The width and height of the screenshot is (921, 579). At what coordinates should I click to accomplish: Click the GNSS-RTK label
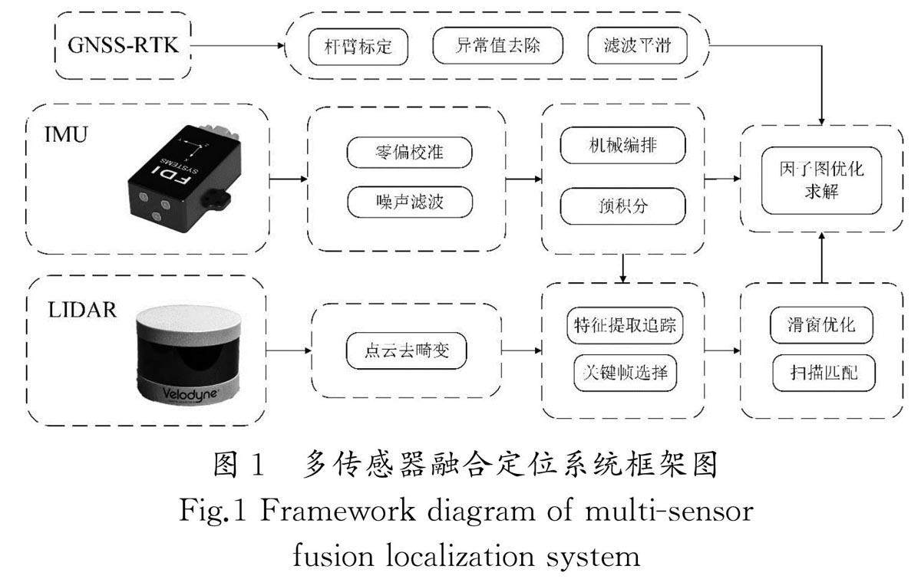coord(123,45)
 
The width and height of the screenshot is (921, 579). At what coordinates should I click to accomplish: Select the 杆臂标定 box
coord(358,47)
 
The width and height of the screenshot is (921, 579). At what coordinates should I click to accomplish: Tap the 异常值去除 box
coord(497,45)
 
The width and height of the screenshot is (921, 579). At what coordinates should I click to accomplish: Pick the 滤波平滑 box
coord(637,45)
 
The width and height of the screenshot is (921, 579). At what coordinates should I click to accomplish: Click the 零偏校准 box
coord(410,153)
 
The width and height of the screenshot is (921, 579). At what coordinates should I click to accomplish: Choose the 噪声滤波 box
coord(410,202)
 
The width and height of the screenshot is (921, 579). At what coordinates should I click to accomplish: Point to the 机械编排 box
coord(623,145)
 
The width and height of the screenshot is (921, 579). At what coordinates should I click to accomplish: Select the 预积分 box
coord(623,206)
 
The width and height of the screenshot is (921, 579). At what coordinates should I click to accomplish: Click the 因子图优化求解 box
coord(821,180)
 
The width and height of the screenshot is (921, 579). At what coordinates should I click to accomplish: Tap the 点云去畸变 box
coord(406,350)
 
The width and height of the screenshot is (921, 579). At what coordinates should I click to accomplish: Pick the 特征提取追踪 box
coord(625,325)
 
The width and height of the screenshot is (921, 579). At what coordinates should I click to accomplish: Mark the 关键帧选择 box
coord(625,373)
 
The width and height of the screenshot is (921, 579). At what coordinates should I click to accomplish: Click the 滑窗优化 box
coord(821,325)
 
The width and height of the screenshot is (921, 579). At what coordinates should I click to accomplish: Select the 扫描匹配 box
coord(824,373)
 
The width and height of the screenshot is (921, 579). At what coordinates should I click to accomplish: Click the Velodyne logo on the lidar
coord(190,393)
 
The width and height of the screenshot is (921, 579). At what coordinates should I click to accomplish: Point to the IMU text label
coord(66,135)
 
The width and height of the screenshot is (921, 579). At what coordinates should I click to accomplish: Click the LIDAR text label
coord(82,310)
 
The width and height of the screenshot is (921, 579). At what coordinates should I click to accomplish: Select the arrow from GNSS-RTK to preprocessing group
coord(238,45)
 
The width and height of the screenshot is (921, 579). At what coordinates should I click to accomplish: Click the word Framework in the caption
coord(338,512)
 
